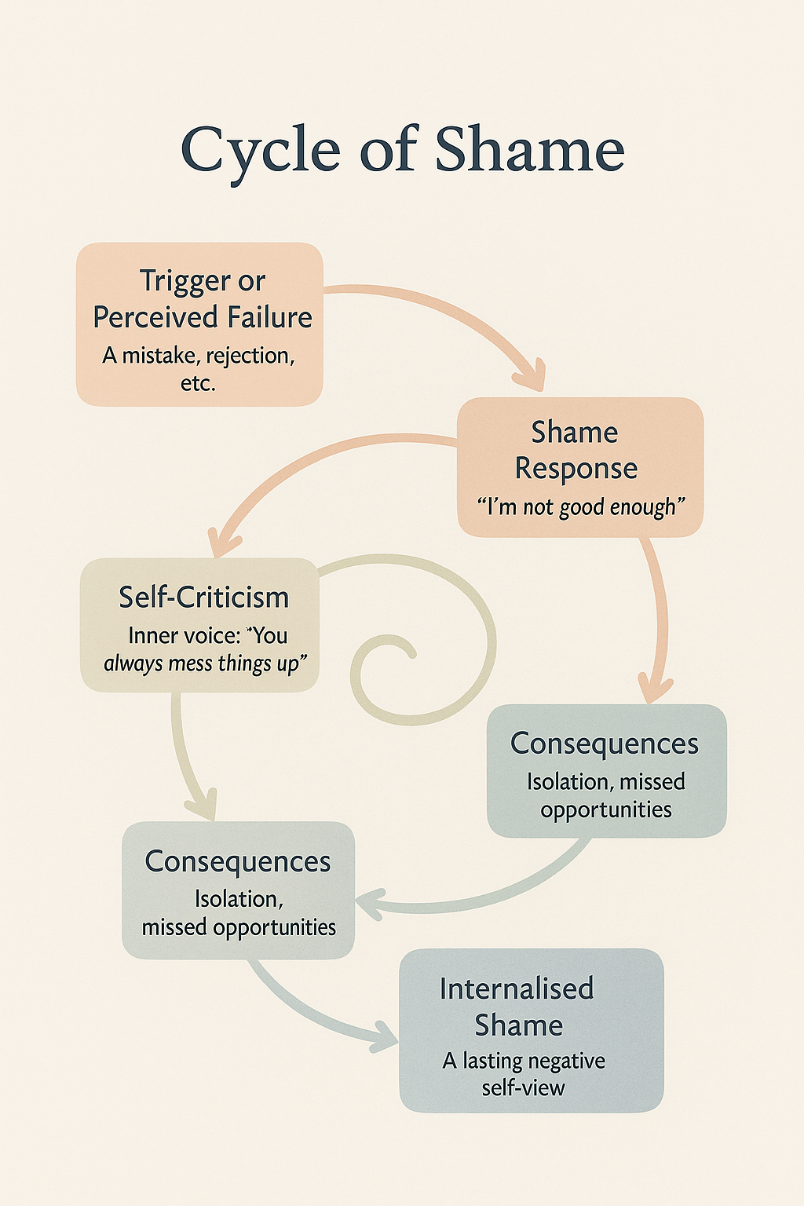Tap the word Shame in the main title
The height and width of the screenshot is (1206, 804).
(x=530, y=149)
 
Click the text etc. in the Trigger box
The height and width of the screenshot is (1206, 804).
(x=198, y=383)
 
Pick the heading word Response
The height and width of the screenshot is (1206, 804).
(x=576, y=469)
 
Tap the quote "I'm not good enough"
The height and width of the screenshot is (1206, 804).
(x=580, y=507)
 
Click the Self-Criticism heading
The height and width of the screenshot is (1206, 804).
(x=203, y=598)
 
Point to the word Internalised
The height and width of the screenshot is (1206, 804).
(x=516, y=989)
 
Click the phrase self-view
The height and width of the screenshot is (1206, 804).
(x=523, y=1088)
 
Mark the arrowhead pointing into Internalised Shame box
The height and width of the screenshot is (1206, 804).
(x=385, y=1036)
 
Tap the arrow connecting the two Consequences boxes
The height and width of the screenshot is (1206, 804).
(x=487, y=895)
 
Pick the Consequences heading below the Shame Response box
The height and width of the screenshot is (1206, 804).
(x=604, y=744)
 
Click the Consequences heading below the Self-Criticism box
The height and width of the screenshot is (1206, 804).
(x=238, y=861)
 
